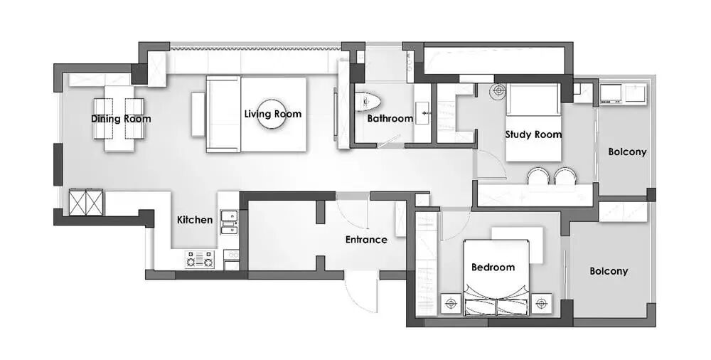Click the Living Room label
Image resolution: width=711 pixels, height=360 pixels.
point(272,114)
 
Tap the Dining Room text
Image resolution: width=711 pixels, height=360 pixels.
point(121,119)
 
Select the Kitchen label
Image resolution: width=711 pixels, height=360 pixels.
point(195,220)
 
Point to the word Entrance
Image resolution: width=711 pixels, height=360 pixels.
point(366,240)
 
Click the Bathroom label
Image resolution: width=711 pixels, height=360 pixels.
point(390,119)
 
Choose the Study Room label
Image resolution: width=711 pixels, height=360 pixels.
point(533,134)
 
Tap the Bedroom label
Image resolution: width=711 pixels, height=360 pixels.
point(493,267)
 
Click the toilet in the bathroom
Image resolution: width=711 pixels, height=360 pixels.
point(368,102)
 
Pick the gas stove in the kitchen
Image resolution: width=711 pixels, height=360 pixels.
point(199,260)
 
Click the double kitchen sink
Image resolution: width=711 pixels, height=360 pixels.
point(228,222)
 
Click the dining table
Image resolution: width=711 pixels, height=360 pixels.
point(119,119)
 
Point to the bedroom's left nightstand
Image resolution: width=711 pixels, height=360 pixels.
point(451,303)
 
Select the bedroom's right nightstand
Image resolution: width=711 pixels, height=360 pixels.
point(541,303)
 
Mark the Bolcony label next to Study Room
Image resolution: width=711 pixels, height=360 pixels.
point(627,152)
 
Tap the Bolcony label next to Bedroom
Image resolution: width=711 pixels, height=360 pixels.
point(609,271)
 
